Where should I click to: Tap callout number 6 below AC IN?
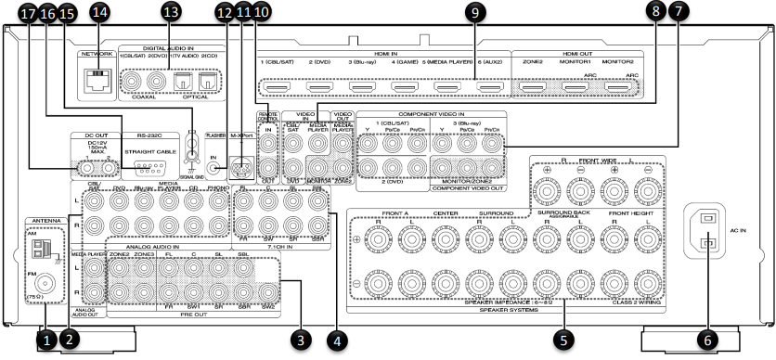click(708, 340)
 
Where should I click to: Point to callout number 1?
click(45, 341)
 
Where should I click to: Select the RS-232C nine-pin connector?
click(143, 168)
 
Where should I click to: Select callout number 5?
click(561, 340)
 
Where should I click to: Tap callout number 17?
click(26, 13)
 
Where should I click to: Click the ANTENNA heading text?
click(45, 221)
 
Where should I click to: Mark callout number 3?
click(299, 340)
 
